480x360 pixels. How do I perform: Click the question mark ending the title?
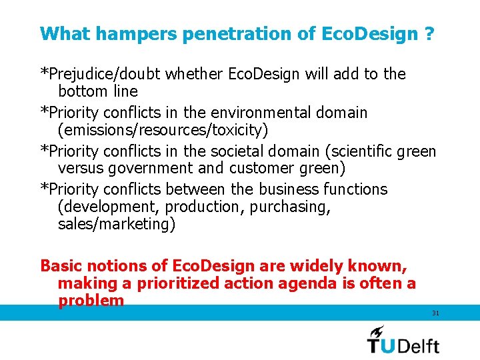click(x=429, y=33)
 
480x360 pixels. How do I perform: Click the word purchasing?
click(x=293, y=207)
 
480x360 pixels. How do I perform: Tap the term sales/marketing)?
click(x=117, y=225)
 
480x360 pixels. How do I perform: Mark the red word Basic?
click(x=62, y=266)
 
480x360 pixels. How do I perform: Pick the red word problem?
click(x=91, y=301)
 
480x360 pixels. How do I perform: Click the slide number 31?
click(x=435, y=313)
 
